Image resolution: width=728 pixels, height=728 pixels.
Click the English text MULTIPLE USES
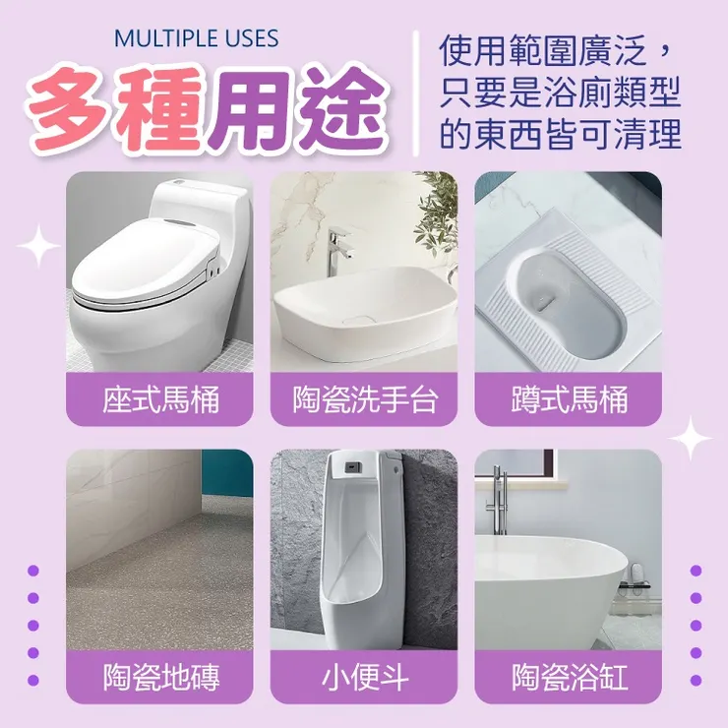[x=196, y=38]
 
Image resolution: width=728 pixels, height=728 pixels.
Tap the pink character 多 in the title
[x=70, y=110]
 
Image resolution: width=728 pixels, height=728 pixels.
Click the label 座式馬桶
[x=160, y=399]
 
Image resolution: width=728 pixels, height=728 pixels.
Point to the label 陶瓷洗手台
[x=364, y=399]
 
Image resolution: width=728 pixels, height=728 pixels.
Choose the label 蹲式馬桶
[x=570, y=399]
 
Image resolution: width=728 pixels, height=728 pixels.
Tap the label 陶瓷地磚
[x=160, y=677]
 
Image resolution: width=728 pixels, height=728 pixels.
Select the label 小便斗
[x=364, y=677]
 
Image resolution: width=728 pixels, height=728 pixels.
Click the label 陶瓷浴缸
[x=570, y=677]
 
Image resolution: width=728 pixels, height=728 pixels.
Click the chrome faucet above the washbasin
[x=339, y=251]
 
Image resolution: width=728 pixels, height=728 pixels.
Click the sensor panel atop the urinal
[x=354, y=464]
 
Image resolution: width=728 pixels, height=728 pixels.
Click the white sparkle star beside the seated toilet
[x=38, y=246]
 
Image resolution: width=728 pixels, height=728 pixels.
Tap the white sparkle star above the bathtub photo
[x=690, y=439]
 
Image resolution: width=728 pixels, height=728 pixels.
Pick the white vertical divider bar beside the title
[x=416, y=92]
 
